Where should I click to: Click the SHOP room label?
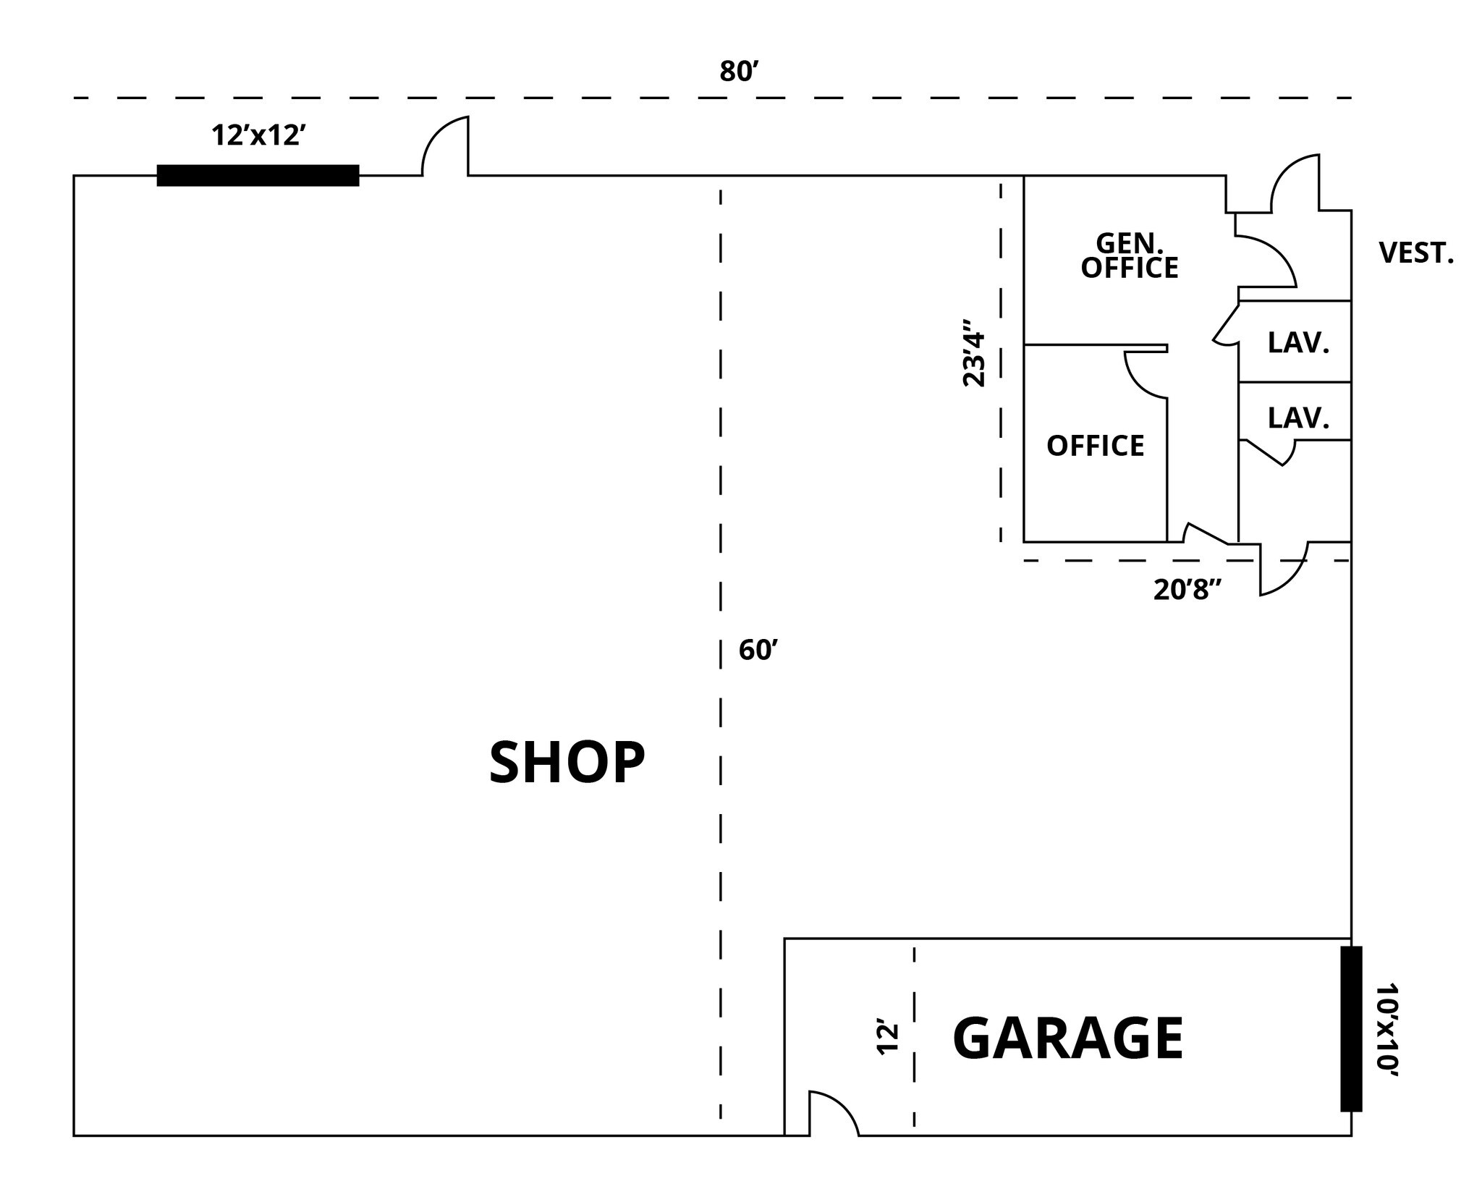click(x=567, y=763)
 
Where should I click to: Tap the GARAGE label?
click(x=1067, y=1038)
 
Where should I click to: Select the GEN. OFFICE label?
click(x=1129, y=255)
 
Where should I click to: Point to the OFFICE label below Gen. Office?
click(x=1095, y=446)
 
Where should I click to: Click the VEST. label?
click(x=1415, y=253)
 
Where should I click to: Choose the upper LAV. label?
click(x=1298, y=343)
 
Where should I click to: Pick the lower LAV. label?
click(x=1298, y=418)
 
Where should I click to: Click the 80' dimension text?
click(x=738, y=72)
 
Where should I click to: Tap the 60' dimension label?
click(x=758, y=651)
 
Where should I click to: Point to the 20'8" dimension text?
click(x=1187, y=591)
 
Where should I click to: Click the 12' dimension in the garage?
click(x=887, y=1038)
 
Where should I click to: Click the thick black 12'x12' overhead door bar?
click(x=258, y=176)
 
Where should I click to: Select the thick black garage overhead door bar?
click(x=1350, y=1028)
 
